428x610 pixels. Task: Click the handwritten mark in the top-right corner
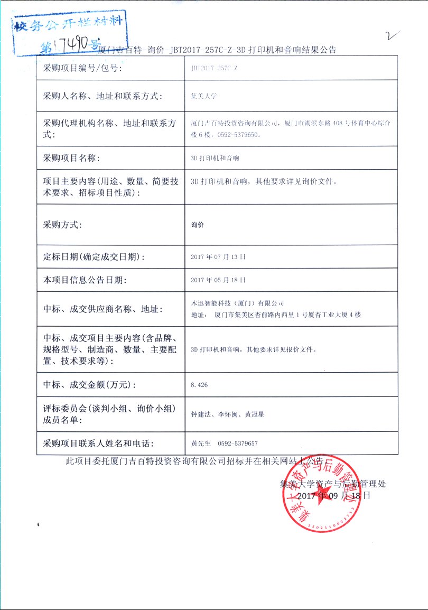(392, 36)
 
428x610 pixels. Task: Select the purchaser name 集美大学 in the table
(204, 96)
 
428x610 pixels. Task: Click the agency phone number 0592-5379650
(238, 135)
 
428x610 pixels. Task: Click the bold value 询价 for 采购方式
(197, 225)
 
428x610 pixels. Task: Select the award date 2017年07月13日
(218, 257)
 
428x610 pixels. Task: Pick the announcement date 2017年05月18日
(218, 280)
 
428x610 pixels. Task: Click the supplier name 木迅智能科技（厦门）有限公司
(237, 303)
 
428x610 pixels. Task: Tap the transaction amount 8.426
(199, 385)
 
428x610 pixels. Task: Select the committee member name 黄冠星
(254, 415)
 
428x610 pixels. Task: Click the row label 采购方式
(62, 225)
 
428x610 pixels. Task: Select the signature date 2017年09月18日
(334, 496)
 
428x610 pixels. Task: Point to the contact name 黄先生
(201, 443)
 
